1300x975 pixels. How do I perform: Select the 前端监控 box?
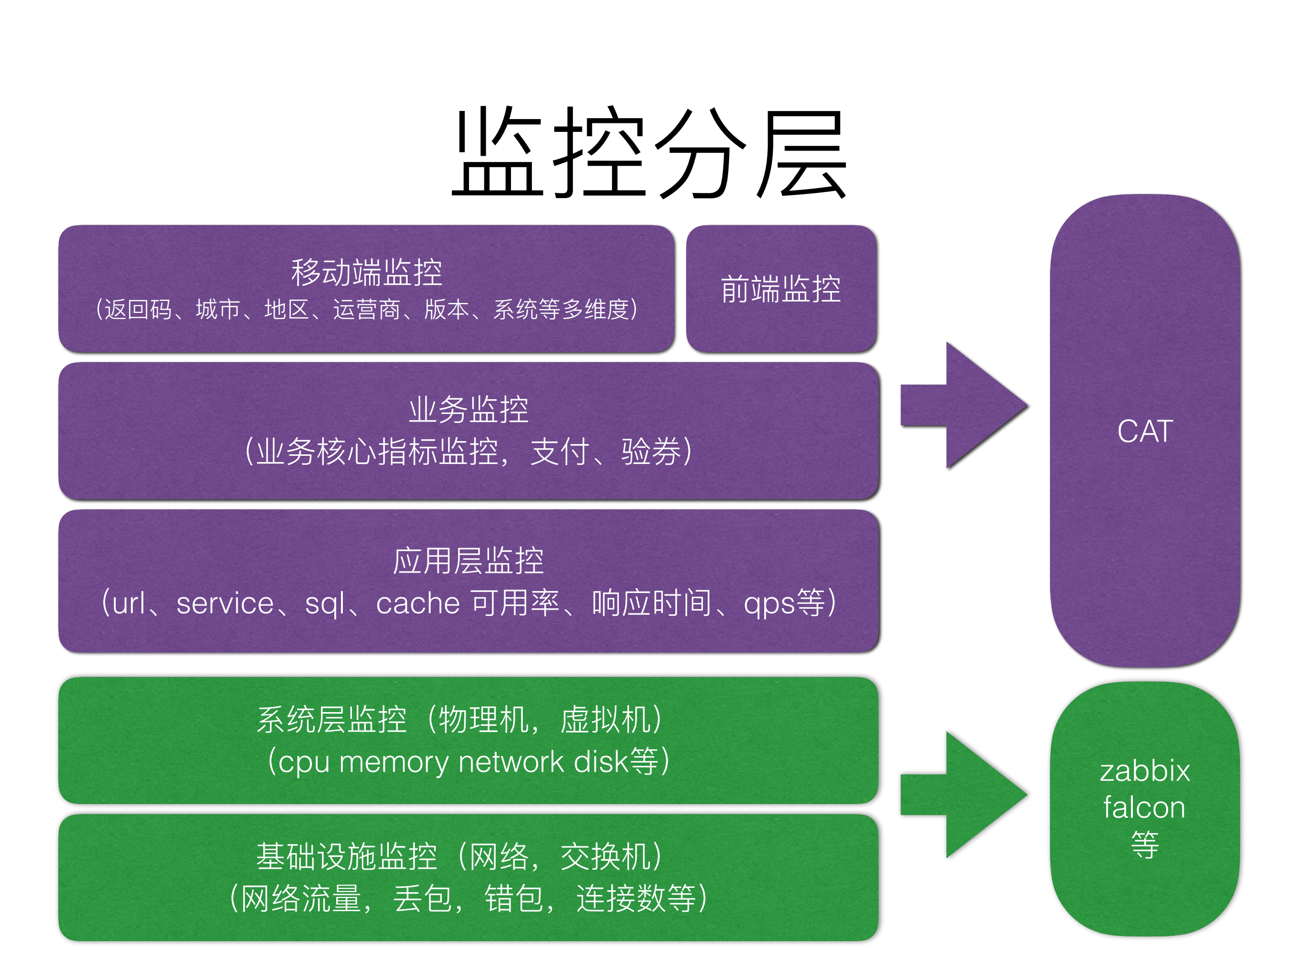[781, 289]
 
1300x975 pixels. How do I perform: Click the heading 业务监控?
[469, 410]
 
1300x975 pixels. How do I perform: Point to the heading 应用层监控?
[469, 561]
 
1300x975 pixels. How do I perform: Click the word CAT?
[1145, 432]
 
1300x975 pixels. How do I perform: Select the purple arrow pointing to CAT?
[964, 405]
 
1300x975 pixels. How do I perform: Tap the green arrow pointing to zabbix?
[964, 794]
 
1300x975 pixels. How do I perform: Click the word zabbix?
[1145, 771]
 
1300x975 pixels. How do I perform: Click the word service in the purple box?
[225, 603]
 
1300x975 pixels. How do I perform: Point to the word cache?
[418, 603]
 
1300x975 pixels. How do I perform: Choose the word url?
[129, 603]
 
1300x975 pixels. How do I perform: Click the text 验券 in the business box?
[651, 452]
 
